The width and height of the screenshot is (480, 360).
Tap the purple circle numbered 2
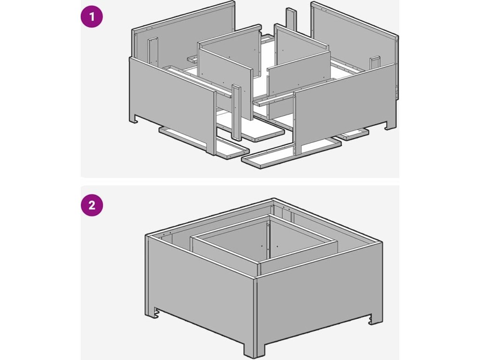92,205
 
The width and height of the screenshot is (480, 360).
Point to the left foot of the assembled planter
152,313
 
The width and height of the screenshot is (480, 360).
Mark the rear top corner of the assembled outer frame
272,200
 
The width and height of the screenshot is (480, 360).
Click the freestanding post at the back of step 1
292,20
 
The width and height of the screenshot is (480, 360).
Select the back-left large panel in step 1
184,34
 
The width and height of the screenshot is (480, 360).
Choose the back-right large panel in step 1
355,49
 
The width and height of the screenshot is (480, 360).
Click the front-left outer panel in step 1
173,103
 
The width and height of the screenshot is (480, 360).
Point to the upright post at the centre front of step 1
236,112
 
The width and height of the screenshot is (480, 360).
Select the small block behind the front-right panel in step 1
375,62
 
